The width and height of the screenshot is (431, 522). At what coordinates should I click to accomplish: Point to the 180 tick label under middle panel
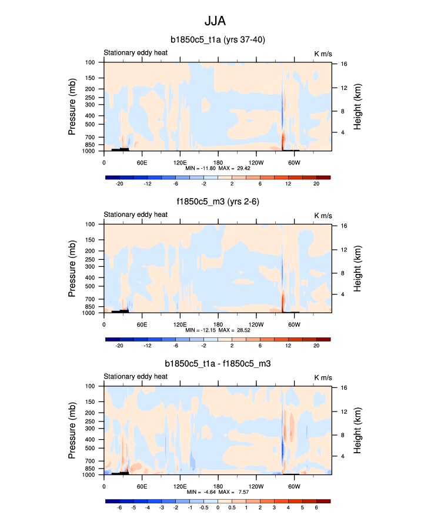coord(218,323)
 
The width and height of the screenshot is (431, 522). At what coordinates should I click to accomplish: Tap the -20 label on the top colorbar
coord(119,184)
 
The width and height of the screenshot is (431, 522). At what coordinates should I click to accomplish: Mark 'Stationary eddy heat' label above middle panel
coord(135,215)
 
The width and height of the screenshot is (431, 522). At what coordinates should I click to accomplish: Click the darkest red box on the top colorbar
coord(323,177)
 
